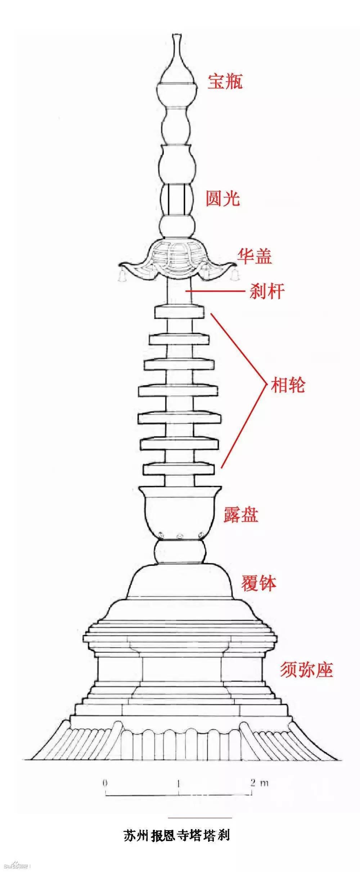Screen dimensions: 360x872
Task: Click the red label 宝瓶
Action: [x=225, y=81]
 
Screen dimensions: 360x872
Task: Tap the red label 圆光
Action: [x=223, y=198]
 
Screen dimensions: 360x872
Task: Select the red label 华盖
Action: [x=254, y=256]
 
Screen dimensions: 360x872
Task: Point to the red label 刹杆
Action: [x=267, y=291]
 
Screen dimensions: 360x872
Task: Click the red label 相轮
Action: [x=288, y=385]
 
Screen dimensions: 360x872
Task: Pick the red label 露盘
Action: [x=241, y=514]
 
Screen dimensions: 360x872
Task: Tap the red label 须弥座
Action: [x=306, y=670]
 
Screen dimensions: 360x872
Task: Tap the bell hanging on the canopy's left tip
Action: [x=121, y=275]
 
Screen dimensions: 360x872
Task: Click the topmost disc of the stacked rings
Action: [x=179, y=312]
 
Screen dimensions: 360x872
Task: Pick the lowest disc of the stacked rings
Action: [x=179, y=469]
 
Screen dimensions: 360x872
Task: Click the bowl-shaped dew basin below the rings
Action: [x=180, y=511]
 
